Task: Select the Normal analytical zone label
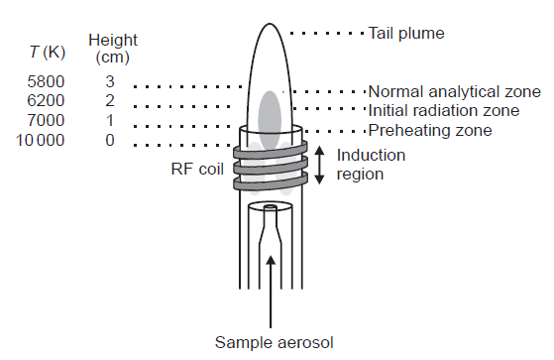pos(454,91)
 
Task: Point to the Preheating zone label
pos(429,130)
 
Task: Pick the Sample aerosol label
pos(274,343)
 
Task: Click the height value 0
pos(110,141)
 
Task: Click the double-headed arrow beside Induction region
pos(320,165)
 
